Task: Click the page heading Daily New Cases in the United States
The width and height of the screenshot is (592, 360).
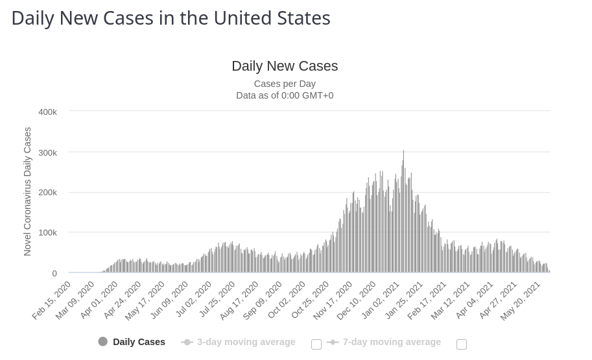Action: click(x=171, y=18)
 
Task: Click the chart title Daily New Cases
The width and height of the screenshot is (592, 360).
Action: click(x=285, y=66)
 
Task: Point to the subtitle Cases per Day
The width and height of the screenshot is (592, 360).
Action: click(x=285, y=84)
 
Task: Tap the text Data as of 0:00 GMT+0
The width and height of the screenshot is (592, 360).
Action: click(x=285, y=95)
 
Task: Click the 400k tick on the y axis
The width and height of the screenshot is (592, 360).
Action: click(x=47, y=112)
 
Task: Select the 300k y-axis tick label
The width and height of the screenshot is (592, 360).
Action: click(x=47, y=152)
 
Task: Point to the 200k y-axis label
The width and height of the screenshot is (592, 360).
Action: click(x=47, y=193)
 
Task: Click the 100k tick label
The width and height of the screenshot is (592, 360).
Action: click(x=47, y=233)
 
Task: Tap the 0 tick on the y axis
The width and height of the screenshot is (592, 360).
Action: click(x=54, y=274)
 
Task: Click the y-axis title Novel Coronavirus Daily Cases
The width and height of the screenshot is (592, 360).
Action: click(x=27, y=191)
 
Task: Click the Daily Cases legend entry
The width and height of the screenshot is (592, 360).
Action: click(x=132, y=342)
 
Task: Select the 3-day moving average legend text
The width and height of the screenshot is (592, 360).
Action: click(x=246, y=342)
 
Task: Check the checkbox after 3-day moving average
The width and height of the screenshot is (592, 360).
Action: click(x=316, y=344)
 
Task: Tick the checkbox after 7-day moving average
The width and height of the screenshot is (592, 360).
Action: click(x=462, y=344)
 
